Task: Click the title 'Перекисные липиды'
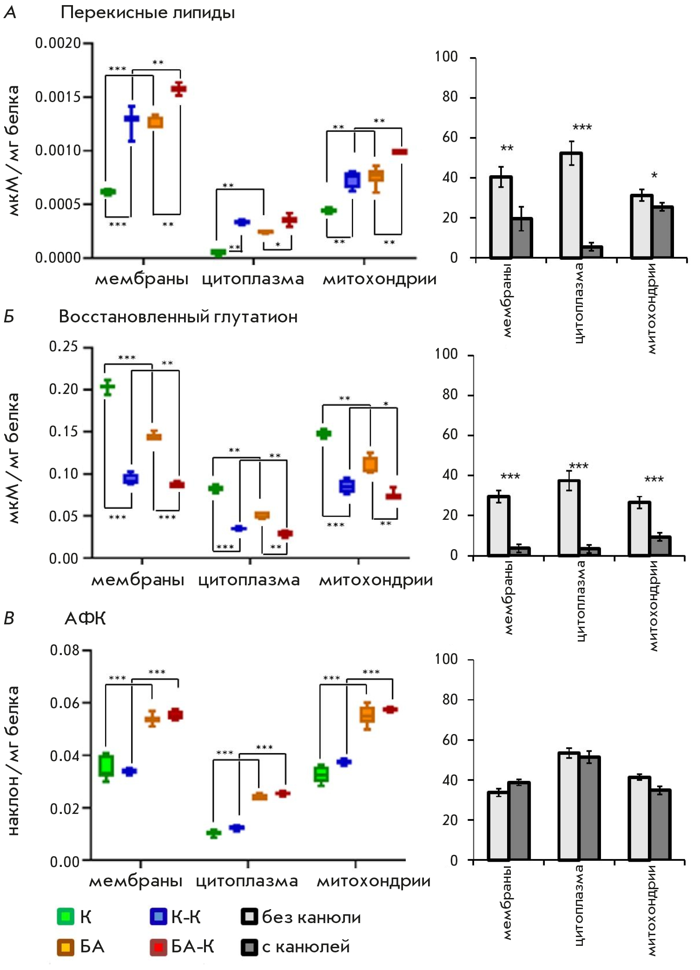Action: [147, 13]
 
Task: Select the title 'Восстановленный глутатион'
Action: [178, 317]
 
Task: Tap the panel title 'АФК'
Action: [85, 618]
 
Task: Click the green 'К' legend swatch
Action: [66, 916]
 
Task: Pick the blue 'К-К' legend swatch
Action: [158, 916]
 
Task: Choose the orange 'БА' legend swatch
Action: [66, 947]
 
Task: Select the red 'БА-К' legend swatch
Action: [158, 947]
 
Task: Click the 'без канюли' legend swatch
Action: [250, 916]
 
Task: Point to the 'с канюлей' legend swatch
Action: [250, 947]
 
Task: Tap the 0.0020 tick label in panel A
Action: [58, 43]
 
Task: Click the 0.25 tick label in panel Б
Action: [64, 347]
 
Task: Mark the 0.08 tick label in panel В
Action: [65, 650]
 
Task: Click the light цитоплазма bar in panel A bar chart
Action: [571, 205]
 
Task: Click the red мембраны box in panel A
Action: [178, 89]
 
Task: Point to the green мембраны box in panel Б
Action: [108, 387]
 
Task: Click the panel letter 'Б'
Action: [9, 317]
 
